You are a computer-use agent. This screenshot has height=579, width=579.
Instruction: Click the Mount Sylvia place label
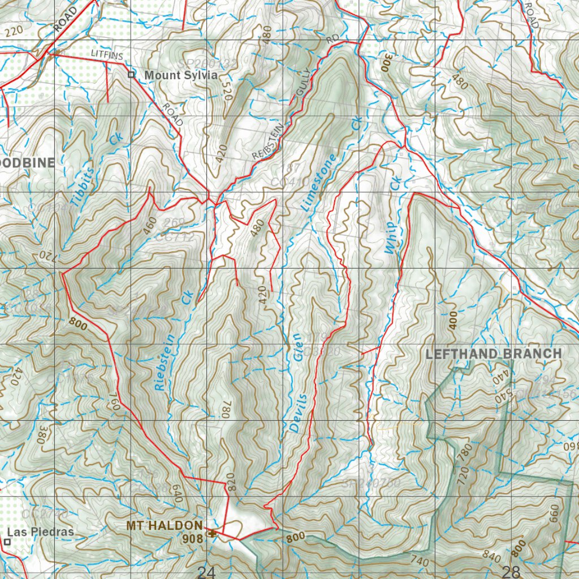(x=172, y=75)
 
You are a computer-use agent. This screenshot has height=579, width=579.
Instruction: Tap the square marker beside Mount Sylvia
(x=131, y=75)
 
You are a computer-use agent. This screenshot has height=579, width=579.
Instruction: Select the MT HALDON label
(x=164, y=526)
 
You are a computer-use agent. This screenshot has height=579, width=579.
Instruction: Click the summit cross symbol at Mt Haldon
(x=211, y=532)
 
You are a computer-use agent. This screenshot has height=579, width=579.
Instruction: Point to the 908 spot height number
(x=192, y=539)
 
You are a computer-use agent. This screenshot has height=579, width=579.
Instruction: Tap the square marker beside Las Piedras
(x=7, y=542)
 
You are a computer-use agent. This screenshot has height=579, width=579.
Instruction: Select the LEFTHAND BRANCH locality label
(x=494, y=354)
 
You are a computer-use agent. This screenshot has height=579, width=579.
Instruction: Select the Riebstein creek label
(x=164, y=360)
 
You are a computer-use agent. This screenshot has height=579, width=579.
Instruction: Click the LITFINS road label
(x=106, y=53)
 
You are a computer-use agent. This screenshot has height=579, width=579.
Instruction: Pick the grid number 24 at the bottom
(x=206, y=572)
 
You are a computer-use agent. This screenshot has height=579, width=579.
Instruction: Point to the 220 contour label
(x=15, y=31)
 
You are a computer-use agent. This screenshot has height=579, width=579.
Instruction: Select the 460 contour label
(x=150, y=225)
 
